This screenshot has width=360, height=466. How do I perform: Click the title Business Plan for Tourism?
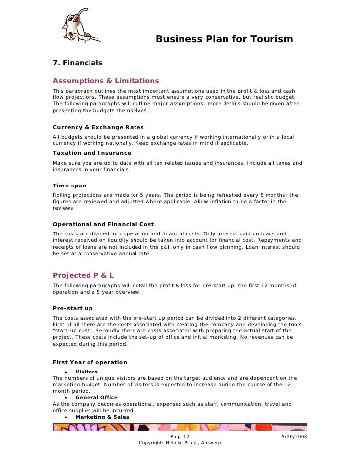point(224,39)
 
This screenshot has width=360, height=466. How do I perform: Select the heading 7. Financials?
point(77,63)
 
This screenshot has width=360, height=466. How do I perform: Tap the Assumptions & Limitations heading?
point(106,81)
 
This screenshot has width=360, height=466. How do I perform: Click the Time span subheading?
point(70,186)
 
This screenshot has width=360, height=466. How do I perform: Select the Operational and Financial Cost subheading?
point(103,224)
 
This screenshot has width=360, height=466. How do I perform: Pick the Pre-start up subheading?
point(73,308)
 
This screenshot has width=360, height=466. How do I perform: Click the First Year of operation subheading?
point(90,362)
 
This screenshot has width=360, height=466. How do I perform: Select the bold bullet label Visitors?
point(87,372)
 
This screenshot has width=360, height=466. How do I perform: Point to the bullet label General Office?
point(96,397)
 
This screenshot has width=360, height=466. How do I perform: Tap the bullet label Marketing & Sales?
point(102,417)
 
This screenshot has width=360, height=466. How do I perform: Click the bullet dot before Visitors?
point(66,372)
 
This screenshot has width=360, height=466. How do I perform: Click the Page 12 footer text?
point(180,437)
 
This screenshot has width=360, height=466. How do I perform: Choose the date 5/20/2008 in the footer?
point(294,437)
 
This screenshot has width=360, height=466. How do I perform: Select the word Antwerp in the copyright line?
point(210,443)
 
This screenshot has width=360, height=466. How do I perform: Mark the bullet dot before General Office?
point(66,398)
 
